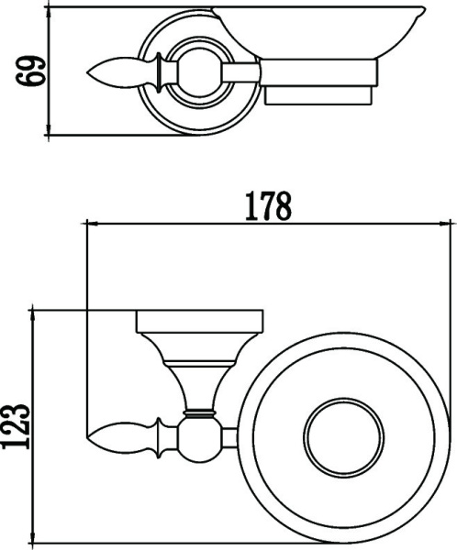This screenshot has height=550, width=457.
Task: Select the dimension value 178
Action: click(267, 205)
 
